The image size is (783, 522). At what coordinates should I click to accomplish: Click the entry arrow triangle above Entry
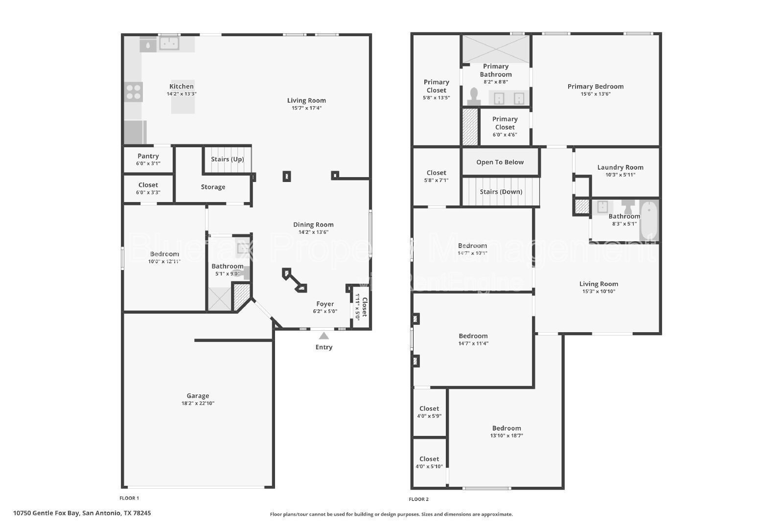pos(324,336)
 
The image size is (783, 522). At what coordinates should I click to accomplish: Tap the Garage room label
pos(198,396)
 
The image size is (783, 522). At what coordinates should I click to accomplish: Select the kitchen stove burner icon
pos(134,92)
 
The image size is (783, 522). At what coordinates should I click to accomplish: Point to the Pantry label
pos(148,156)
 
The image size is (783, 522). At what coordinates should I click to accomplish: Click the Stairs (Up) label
pos(227,159)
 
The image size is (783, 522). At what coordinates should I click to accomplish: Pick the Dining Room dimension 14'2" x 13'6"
pos(313,232)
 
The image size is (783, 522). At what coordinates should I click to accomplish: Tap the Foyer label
pos(325,304)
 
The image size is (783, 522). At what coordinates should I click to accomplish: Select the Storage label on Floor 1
pos(213,187)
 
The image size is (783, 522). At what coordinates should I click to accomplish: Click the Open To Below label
pos(500,162)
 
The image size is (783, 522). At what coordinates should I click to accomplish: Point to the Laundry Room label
pos(620,167)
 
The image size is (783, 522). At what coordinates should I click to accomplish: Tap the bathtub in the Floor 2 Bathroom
pos(649,221)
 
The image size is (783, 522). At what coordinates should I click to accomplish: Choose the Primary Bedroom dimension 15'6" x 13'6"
pos(596,94)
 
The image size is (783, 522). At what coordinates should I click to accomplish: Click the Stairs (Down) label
pos(501,192)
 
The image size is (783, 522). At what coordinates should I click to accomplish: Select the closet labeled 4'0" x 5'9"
pos(429,412)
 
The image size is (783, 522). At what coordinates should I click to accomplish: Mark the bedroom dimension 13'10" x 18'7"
pos(507,435)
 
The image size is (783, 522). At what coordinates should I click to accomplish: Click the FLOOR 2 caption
pos(419,499)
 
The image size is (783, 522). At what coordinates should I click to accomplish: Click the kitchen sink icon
pos(169,43)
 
